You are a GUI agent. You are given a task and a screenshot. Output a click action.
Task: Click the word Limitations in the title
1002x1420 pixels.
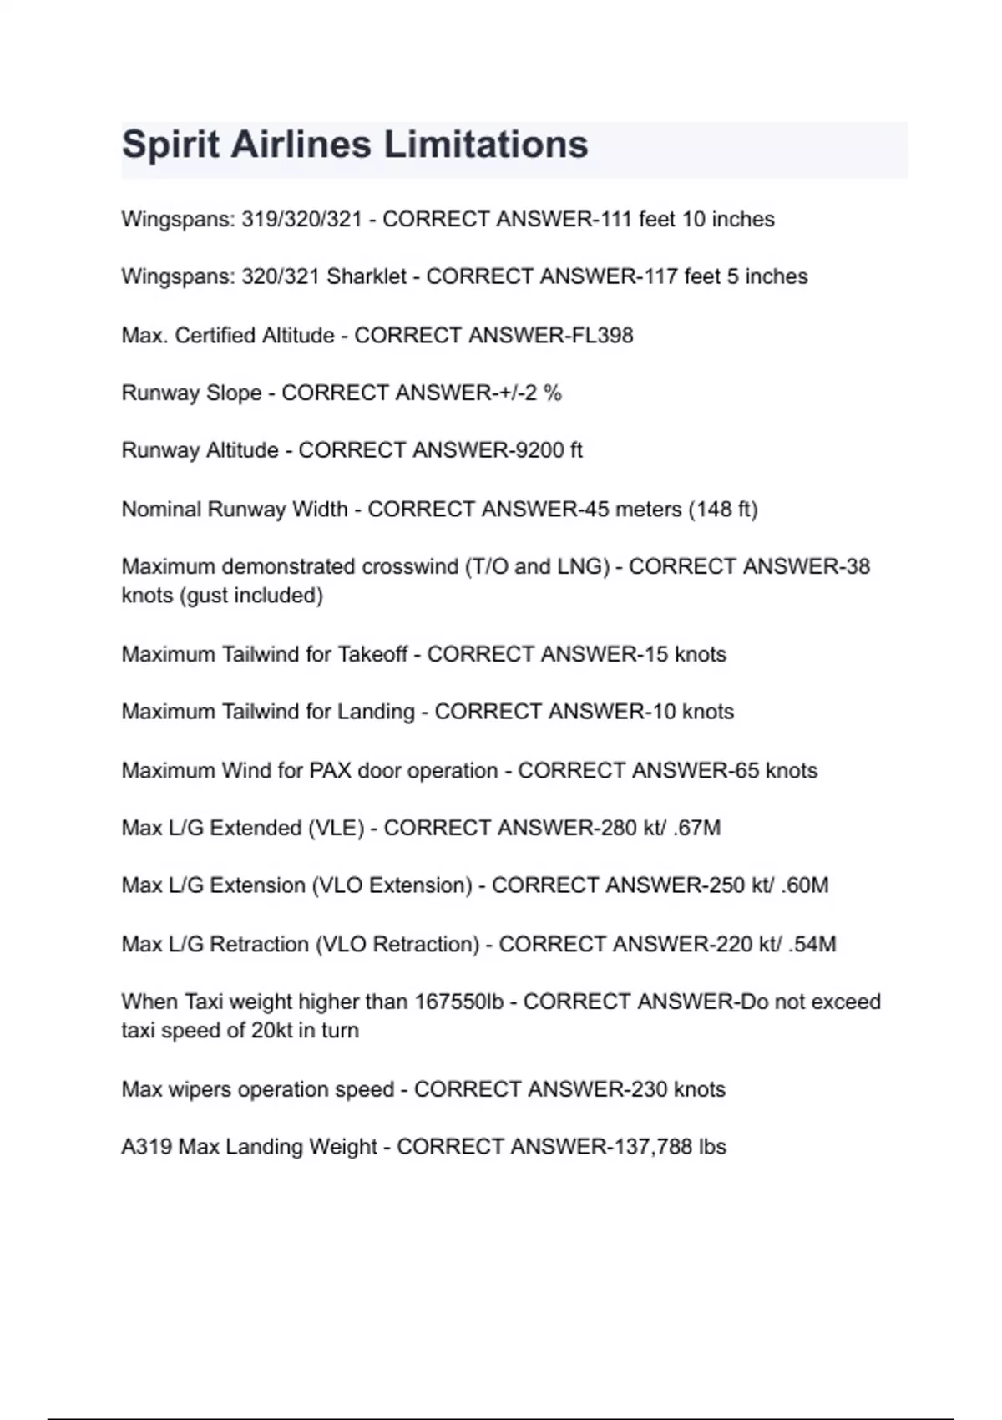[486, 145]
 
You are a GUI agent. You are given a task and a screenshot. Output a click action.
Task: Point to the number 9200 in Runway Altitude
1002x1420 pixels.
[540, 450]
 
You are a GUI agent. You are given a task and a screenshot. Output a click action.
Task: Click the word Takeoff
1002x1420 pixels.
[372, 654]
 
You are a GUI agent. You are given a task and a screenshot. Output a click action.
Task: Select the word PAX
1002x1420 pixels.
[330, 770]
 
